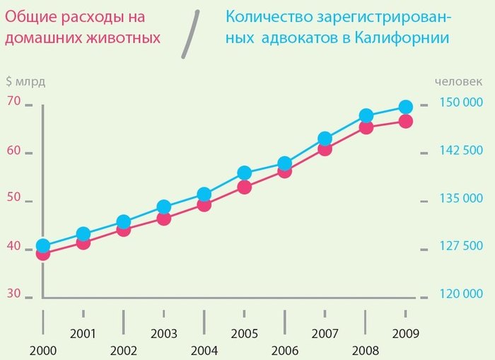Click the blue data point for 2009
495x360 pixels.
coord(405,107)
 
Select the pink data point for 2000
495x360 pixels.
coord(42,253)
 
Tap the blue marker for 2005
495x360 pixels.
coord(244,173)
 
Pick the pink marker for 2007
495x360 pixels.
coord(325,149)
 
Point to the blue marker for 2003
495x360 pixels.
coord(163,207)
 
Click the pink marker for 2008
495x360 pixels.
coord(366,127)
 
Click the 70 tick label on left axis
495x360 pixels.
coord(14,100)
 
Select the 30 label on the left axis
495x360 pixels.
coord(14,294)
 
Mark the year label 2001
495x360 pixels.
coord(83,333)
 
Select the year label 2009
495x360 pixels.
coord(406,333)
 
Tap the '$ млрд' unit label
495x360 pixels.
coord(25,81)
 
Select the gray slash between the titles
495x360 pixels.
coord(189,34)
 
